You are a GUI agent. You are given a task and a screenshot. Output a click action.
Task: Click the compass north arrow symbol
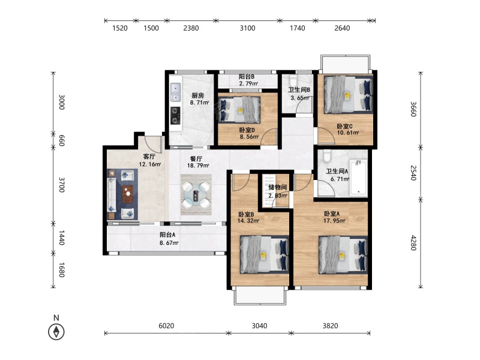click(56, 332)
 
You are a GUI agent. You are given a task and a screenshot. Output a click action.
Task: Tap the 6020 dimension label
click(166, 326)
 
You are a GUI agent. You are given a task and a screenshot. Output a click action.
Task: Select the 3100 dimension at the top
click(247, 28)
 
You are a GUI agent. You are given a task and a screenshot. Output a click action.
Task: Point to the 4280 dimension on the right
click(413, 243)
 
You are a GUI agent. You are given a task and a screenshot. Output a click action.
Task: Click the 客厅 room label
click(149, 157)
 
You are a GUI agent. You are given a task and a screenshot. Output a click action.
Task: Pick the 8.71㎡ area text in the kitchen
click(199, 103)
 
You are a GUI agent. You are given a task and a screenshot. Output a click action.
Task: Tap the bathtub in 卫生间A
click(358, 177)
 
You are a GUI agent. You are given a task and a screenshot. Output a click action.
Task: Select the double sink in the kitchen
click(175, 93)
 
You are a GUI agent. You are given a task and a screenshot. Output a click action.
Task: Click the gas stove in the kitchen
click(175, 115)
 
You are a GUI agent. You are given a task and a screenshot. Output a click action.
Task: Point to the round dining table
click(196, 194)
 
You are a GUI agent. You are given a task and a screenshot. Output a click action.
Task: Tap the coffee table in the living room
click(128, 194)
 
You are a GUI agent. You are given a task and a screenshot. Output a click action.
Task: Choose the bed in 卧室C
click(349, 95)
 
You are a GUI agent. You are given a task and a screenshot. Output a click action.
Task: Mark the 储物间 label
click(278, 187)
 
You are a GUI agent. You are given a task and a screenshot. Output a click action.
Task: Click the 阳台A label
click(167, 235)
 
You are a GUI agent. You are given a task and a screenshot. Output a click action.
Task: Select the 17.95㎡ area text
click(335, 220)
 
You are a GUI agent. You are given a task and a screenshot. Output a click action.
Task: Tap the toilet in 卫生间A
click(327, 155)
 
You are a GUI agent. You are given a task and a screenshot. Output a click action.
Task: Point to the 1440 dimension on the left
click(62, 238)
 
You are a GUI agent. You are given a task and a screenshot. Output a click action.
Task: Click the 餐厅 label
click(196, 158)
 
